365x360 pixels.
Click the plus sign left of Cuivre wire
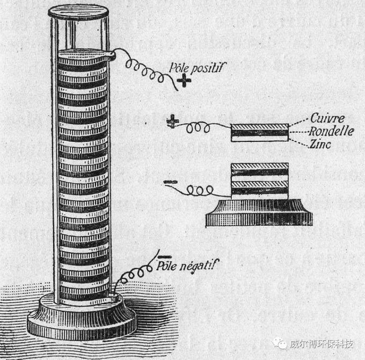(173, 121)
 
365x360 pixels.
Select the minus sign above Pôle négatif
(165, 254)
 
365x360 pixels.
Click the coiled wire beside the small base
(202, 191)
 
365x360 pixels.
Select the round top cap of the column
(79, 11)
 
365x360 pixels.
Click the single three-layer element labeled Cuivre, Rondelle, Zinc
(260, 132)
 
